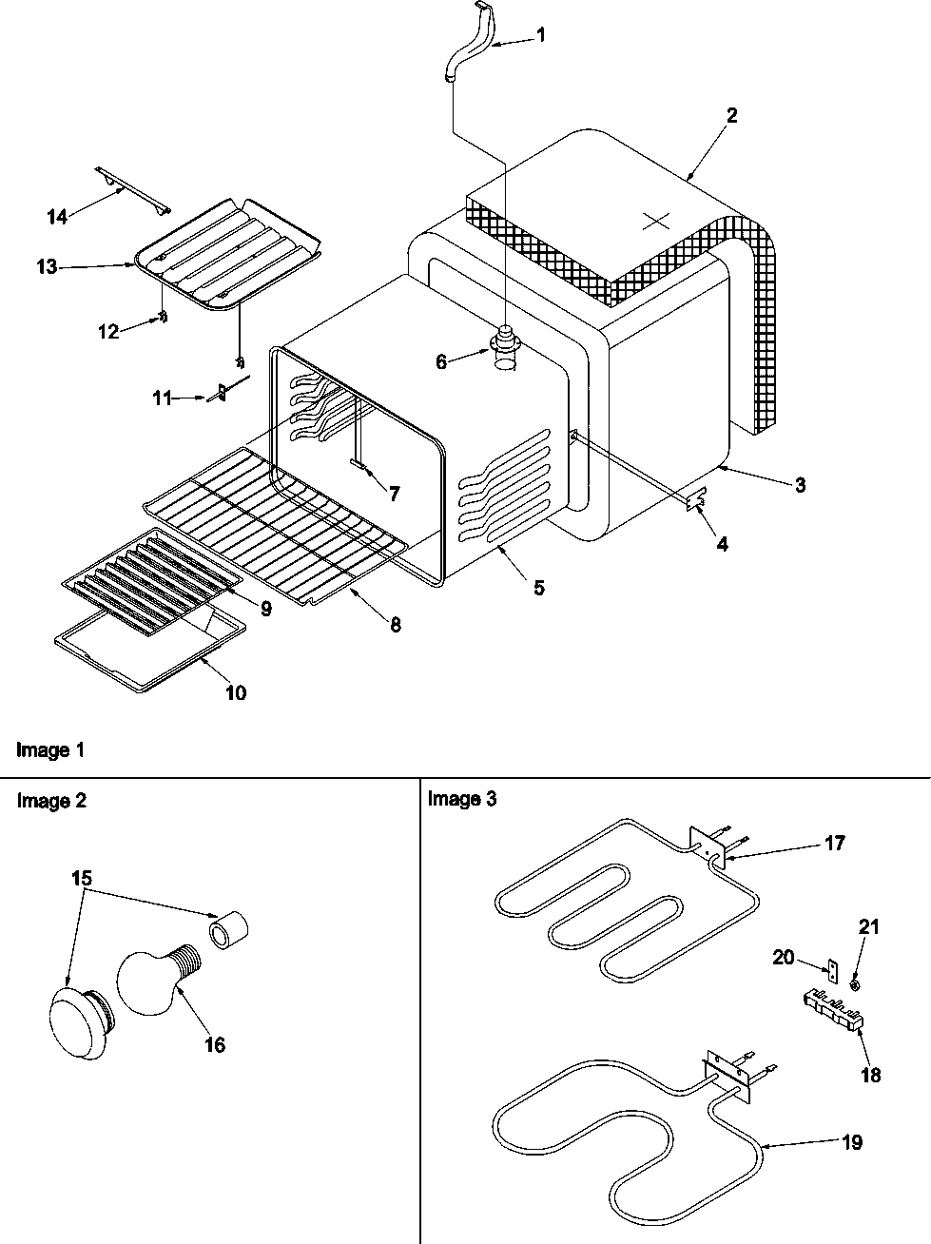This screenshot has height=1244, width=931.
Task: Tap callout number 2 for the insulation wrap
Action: pyautogui.click(x=731, y=115)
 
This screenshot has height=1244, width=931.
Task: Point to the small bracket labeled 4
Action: pyautogui.click(x=697, y=499)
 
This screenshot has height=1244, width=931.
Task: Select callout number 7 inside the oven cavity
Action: pyautogui.click(x=393, y=493)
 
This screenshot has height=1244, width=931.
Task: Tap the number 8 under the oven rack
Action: pyautogui.click(x=394, y=625)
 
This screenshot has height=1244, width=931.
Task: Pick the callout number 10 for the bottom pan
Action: pyautogui.click(x=235, y=692)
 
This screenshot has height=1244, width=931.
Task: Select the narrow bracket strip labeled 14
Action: pyautogui.click(x=133, y=188)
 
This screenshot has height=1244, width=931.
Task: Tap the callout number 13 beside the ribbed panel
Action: pyautogui.click(x=48, y=268)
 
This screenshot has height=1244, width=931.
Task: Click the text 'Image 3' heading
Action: pyautogui.click(x=462, y=799)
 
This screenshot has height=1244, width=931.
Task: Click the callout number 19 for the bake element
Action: pyautogui.click(x=852, y=1141)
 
